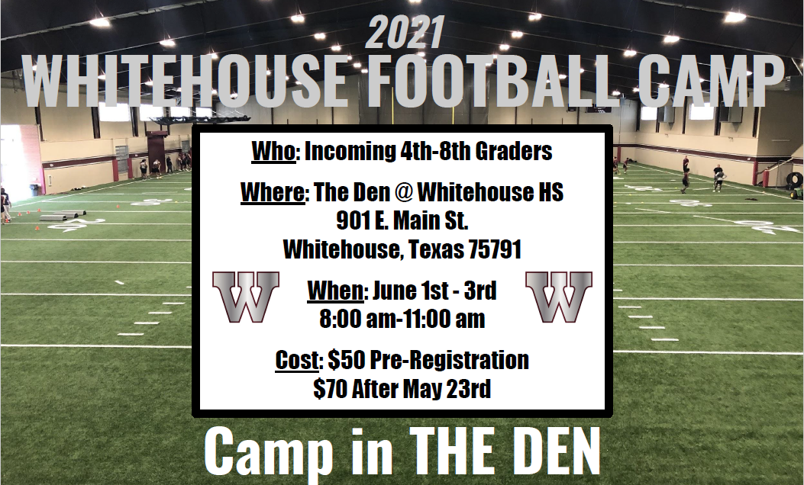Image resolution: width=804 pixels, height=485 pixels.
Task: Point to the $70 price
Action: pyautogui.click(x=331, y=389)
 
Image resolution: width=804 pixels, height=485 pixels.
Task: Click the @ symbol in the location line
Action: pyautogui.click(x=405, y=193)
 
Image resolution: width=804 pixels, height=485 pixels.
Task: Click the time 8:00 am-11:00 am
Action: pyautogui.click(x=402, y=319)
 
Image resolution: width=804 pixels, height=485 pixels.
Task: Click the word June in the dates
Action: pyautogui.click(x=397, y=291)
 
